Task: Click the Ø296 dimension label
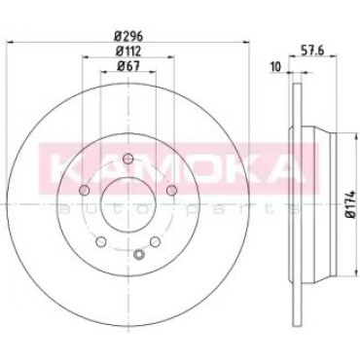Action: tap(128, 36)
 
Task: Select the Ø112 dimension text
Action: tap(128, 51)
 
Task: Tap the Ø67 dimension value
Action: tap(127, 66)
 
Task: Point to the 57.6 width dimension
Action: tap(313, 51)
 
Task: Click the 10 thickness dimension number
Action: tap(275, 67)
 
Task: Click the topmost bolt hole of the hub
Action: tap(128, 159)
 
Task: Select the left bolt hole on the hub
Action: tap(85, 190)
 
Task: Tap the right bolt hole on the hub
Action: tap(172, 191)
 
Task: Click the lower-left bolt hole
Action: tap(101, 241)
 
